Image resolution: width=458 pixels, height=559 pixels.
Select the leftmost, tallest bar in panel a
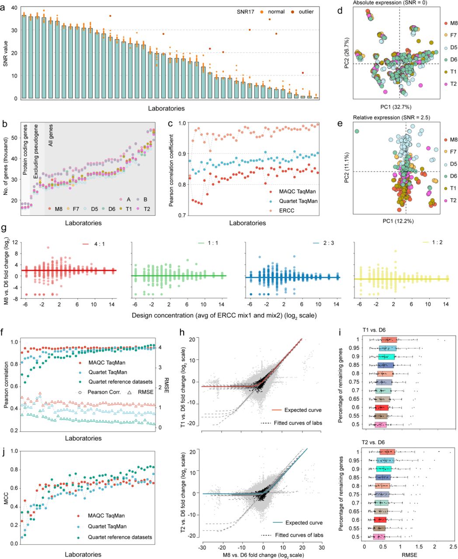coord(24,57)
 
